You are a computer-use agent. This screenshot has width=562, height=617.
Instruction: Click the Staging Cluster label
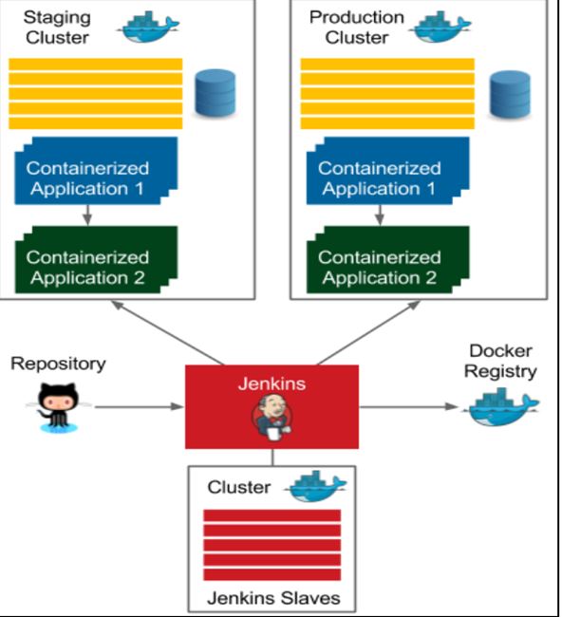[x=58, y=28]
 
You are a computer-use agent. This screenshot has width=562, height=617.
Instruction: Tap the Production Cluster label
[x=357, y=28]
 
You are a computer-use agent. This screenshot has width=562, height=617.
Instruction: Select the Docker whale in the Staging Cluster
[x=148, y=27]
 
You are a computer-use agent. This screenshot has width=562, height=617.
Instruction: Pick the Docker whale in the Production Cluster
[x=440, y=27]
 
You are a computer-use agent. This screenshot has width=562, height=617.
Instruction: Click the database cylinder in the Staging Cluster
[x=215, y=93]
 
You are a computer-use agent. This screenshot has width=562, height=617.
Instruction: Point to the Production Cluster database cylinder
[x=510, y=94]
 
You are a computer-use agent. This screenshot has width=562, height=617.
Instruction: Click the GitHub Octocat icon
[x=59, y=407]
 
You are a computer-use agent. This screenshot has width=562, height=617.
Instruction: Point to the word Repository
[x=58, y=364]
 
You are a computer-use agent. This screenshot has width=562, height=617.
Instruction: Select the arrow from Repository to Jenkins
[x=140, y=407]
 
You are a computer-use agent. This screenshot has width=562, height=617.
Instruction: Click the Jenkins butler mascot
[x=272, y=417]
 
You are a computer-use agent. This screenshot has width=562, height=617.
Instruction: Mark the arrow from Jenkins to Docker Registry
[x=409, y=407]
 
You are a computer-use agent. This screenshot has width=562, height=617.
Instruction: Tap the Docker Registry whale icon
[x=503, y=407]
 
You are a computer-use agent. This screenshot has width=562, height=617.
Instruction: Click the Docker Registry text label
[x=500, y=362]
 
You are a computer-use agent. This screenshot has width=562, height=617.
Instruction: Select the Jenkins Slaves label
[x=273, y=598]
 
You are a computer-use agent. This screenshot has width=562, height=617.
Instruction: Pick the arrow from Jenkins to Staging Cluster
[x=168, y=333]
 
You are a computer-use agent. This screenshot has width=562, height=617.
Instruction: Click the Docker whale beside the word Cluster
[x=315, y=486]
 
